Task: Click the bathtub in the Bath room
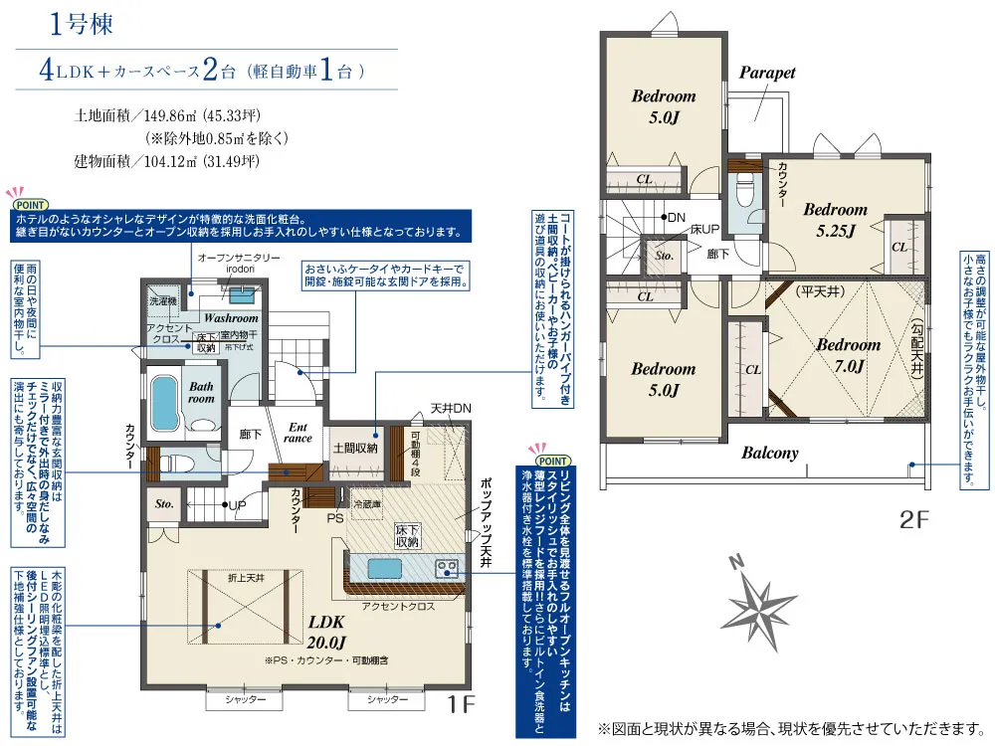[x=164, y=404]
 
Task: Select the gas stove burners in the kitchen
[x=446, y=568]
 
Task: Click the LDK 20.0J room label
[x=326, y=632]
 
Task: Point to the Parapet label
[x=766, y=73]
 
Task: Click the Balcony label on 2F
[x=770, y=453]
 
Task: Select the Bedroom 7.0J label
[x=849, y=355]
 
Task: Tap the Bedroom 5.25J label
[x=835, y=219]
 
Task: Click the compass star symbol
[x=759, y=608]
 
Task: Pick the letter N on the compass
[x=736, y=562]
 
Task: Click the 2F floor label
[x=913, y=519]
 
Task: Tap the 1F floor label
[x=461, y=704]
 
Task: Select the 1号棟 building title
[x=82, y=24]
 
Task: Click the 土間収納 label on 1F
[x=355, y=448]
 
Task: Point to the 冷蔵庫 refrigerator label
[x=366, y=504]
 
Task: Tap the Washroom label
[x=231, y=318]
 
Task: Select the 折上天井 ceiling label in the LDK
[x=246, y=578]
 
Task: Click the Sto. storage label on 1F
[x=164, y=503]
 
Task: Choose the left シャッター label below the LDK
[x=245, y=699]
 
